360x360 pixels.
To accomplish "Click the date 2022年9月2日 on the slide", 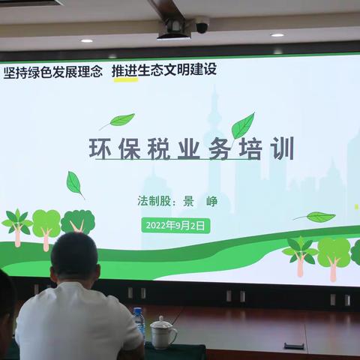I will [174, 224].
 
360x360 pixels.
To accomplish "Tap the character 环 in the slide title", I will [100, 148].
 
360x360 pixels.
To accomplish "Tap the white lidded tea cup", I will [163, 332].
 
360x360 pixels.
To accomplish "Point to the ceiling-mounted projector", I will [173, 28].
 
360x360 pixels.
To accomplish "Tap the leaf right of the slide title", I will [243, 126].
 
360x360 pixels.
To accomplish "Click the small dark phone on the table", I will [293, 346].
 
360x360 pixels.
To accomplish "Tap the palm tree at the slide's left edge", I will [16, 226].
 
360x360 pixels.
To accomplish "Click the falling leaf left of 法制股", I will [74, 183].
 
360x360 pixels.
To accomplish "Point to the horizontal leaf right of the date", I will [318, 217].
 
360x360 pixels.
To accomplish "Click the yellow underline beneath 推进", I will [124, 80].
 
